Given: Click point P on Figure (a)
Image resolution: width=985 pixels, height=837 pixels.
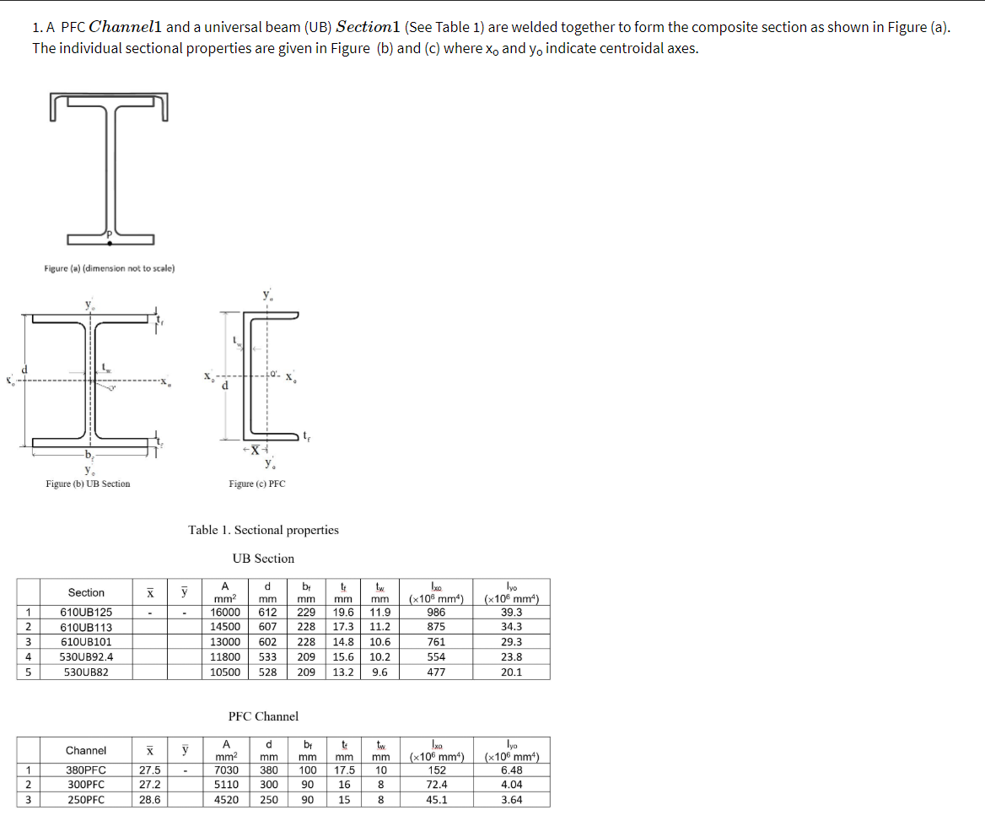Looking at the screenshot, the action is tap(109, 242).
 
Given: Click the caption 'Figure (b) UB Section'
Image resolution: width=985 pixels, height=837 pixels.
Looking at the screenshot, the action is tap(88, 483).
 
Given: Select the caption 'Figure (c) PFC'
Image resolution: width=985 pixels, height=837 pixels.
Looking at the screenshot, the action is tap(256, 483).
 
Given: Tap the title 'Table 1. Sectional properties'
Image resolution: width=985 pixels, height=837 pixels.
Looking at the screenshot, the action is tap(263, 530).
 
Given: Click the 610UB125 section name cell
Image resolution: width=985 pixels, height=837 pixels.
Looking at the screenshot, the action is tap(86, 612).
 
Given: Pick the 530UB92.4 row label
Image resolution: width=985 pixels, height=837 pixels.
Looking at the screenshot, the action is tap(86, 656).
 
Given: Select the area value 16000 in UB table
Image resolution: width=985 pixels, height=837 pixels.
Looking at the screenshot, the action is tap(225, 612).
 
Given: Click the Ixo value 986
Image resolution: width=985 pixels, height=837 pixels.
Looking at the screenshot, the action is tap(436, 612).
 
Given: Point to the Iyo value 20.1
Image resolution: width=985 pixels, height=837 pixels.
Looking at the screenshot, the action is tap(511, 672).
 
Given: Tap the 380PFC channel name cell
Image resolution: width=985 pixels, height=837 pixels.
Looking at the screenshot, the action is tap(86, 769).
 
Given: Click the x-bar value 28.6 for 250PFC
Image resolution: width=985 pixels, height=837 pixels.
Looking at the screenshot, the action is tap(149, 800).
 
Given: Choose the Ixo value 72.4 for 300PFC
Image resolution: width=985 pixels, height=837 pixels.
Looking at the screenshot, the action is tap(436, 785).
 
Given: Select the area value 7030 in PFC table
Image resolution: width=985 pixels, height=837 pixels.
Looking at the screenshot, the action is tap(225, 769).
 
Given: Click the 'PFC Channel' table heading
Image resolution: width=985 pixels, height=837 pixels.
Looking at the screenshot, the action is tap(263, 716).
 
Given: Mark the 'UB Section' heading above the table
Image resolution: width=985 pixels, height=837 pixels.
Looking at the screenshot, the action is tap(263, 559).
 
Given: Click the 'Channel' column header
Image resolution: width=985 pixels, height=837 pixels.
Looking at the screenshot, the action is tap(86, 750).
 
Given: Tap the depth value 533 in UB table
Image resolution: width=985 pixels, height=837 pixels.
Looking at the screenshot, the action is tap(267, 656).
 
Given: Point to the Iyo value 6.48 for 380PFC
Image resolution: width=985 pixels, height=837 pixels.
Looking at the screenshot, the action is tap(511, 769).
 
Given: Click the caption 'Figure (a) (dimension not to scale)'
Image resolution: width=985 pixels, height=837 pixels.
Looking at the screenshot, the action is tap(110, 268).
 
